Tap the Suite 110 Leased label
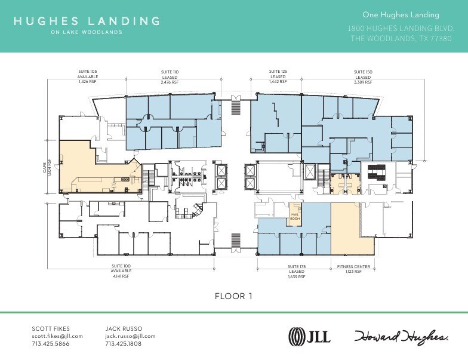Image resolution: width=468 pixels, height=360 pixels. [x=170, y=77]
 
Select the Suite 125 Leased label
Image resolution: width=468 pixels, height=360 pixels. [x=278, y=76]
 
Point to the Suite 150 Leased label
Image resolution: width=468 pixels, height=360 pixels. [x=363, y=77]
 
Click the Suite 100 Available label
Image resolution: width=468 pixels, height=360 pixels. [x=121, y=271]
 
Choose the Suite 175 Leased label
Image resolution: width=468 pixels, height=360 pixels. [x=296, y=271]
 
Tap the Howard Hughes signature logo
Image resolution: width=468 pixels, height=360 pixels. [x=401, y=337]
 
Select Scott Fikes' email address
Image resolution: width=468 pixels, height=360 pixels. [x=57, y=336]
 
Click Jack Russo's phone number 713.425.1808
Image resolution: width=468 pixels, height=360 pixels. [x=124, y=344]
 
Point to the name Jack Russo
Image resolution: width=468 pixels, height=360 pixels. [x=123, y=328]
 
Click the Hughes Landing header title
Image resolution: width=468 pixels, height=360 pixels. [x=87, y=21]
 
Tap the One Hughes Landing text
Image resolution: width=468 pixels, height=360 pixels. [x=401, y=15]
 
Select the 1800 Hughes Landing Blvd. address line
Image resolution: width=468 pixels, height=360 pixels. [x=401, y=29]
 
